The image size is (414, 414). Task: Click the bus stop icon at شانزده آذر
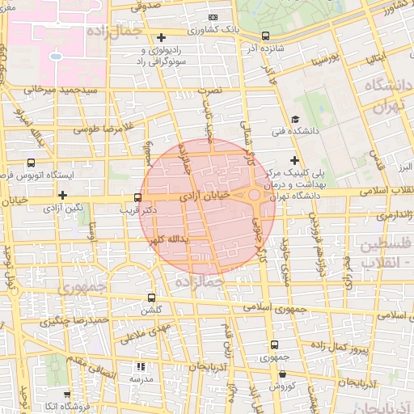266,36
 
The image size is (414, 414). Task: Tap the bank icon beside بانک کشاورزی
213,17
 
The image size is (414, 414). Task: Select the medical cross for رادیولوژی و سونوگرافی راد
162,37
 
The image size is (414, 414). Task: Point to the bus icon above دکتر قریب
137,197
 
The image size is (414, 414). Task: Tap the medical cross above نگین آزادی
62,195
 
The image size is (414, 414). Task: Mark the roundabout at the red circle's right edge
254,195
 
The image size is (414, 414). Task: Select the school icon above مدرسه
140,367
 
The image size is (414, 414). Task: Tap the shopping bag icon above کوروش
281,374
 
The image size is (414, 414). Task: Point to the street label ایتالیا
379,58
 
